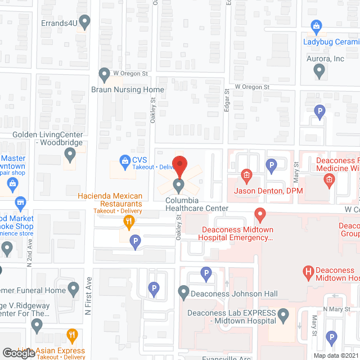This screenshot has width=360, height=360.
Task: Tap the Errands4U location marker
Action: pos(85,22)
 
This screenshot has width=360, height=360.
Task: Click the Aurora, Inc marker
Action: pos(319,71)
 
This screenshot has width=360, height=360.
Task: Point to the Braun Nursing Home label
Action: pos(128,89)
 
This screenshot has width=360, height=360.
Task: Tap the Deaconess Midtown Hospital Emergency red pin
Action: pos(260,214)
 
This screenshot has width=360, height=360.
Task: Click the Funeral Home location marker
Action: pos(73,290)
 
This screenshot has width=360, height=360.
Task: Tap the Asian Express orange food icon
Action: pos(72,336)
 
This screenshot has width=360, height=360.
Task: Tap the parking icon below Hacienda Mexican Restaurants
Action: pos(135,242)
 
